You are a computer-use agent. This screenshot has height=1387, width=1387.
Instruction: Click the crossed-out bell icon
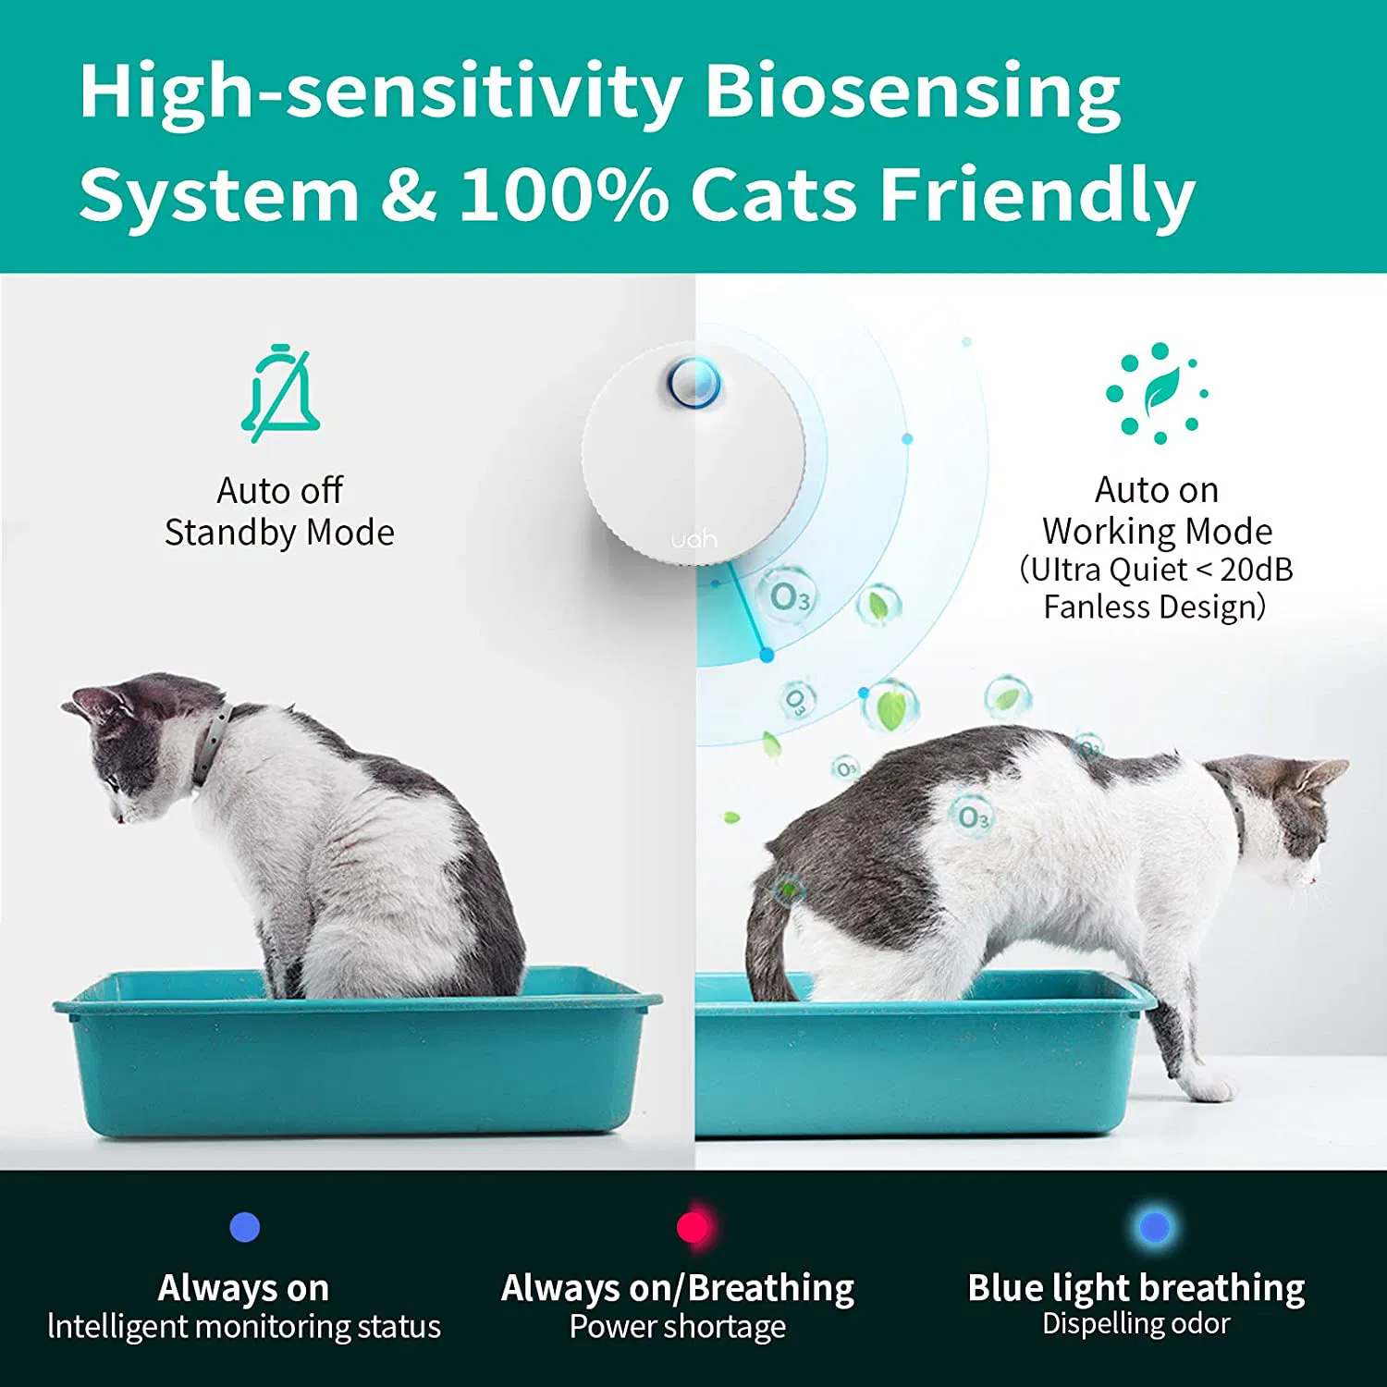coord(281,394)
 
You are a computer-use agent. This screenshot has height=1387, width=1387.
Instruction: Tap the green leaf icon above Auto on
coord(1158,393)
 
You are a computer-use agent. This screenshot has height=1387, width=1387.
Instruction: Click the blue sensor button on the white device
coord(693,383)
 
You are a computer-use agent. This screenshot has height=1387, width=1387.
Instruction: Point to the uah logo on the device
coord(693,538)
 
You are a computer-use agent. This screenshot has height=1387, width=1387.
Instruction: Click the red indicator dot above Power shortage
coord(693,1227)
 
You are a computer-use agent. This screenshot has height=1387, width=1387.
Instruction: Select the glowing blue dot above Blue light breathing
coord(1155,1227)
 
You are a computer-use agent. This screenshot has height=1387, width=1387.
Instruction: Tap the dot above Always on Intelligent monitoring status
coord(245,1227)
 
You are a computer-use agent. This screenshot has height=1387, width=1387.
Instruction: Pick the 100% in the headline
coord(564,194)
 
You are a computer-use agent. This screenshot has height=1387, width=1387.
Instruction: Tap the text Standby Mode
coord(279,533)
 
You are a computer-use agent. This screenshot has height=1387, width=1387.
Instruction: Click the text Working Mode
coord(1157,532)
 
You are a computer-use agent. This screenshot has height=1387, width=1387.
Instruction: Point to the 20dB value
coord(1256,570)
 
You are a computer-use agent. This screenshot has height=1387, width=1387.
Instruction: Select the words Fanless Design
coord(1154,608)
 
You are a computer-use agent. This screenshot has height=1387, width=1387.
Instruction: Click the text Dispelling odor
coord(1135,1324)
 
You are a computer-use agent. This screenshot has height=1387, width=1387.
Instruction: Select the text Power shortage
coord(677,1327)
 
